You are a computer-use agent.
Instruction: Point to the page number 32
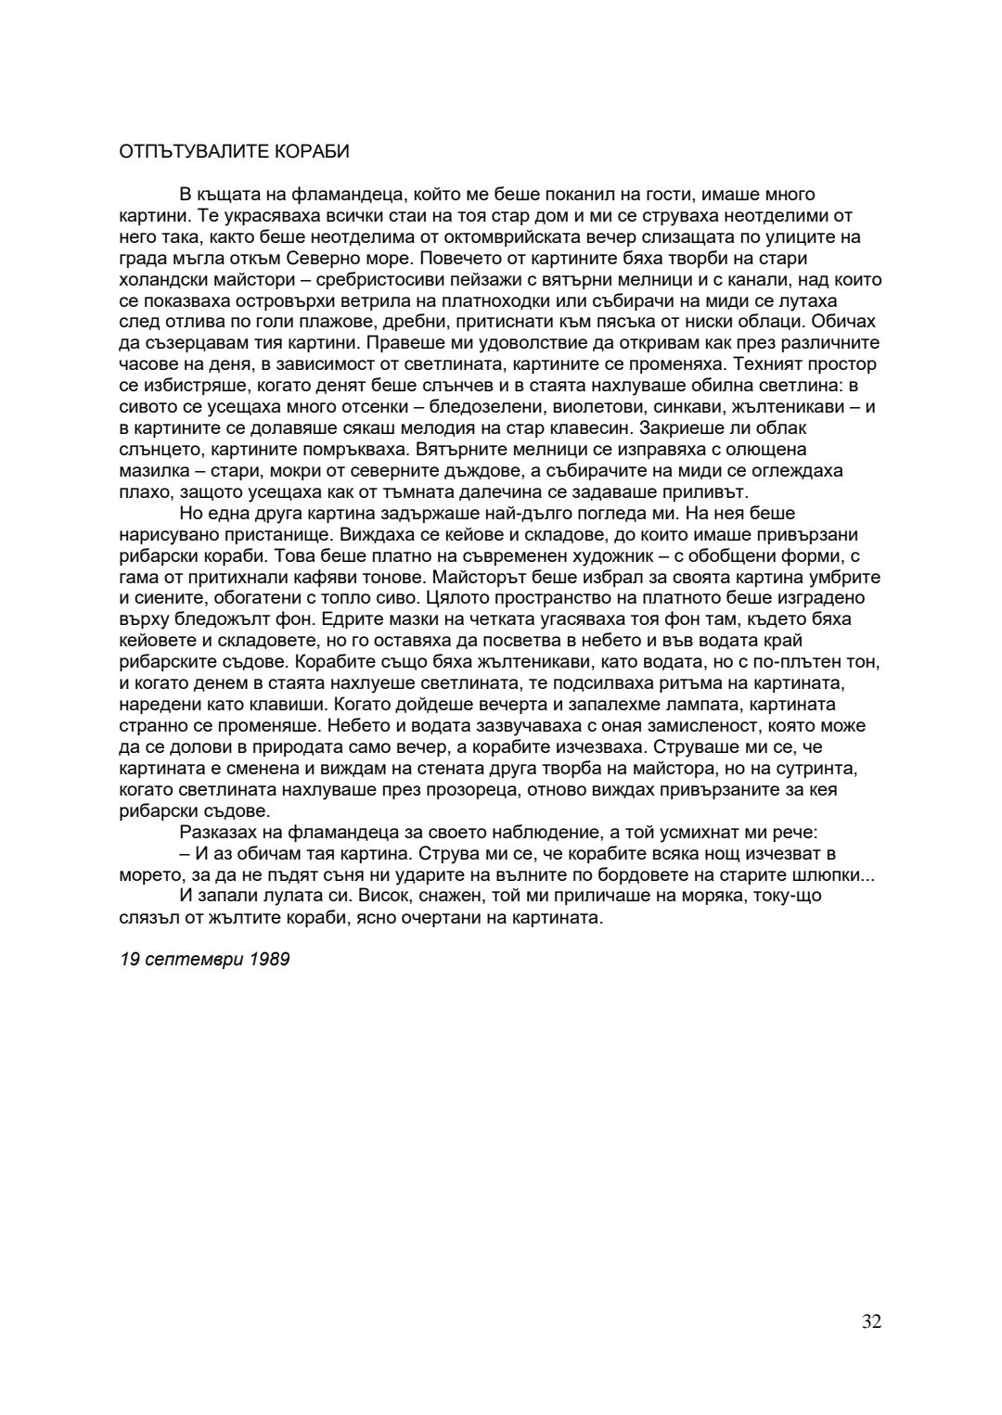coord(871,1321)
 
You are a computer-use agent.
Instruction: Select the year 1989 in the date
coord(270,959)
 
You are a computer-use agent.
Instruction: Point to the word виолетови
coord(572,407)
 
